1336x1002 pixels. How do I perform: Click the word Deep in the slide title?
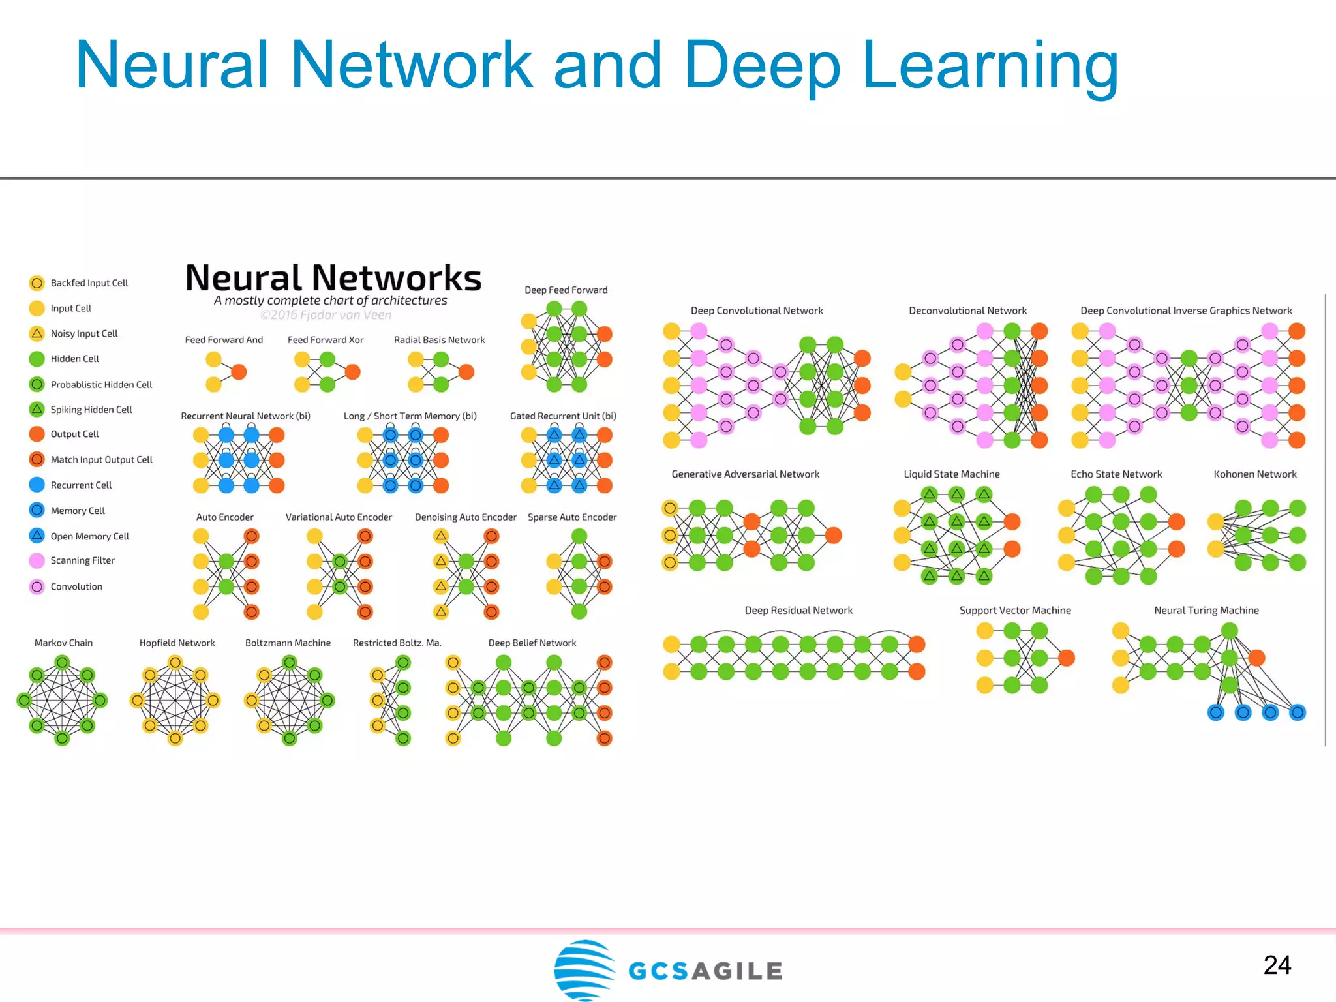click(762, 65)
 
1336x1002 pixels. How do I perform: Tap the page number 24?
click(1277, 965)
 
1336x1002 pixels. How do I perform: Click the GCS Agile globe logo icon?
click(584, 969)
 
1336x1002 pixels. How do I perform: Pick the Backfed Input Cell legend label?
click(89, 283)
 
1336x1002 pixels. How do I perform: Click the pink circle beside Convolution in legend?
click(37, 586)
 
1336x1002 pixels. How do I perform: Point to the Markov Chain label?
click(63, 643)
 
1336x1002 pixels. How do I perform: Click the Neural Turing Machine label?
click(1206, 611)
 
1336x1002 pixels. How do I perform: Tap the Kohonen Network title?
click(1254, 474)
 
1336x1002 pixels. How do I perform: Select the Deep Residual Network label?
click(798, 611)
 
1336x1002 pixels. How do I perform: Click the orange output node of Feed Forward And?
click(239, 372)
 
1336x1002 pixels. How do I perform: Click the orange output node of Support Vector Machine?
click(1067, 658)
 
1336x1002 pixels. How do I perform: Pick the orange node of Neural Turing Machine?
click(1256, 658)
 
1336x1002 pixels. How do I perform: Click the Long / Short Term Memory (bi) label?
click(410, 416)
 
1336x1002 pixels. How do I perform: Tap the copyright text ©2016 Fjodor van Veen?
click(326, 315)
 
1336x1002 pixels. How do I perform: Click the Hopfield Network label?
click(177, 643)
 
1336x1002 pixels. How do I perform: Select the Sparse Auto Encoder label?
click(571, 517)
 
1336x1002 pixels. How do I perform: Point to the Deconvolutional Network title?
click(967, 311)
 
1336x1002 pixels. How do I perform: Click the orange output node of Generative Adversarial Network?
click(833, 536)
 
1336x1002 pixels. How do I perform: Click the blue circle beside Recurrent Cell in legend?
click(37, 485)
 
